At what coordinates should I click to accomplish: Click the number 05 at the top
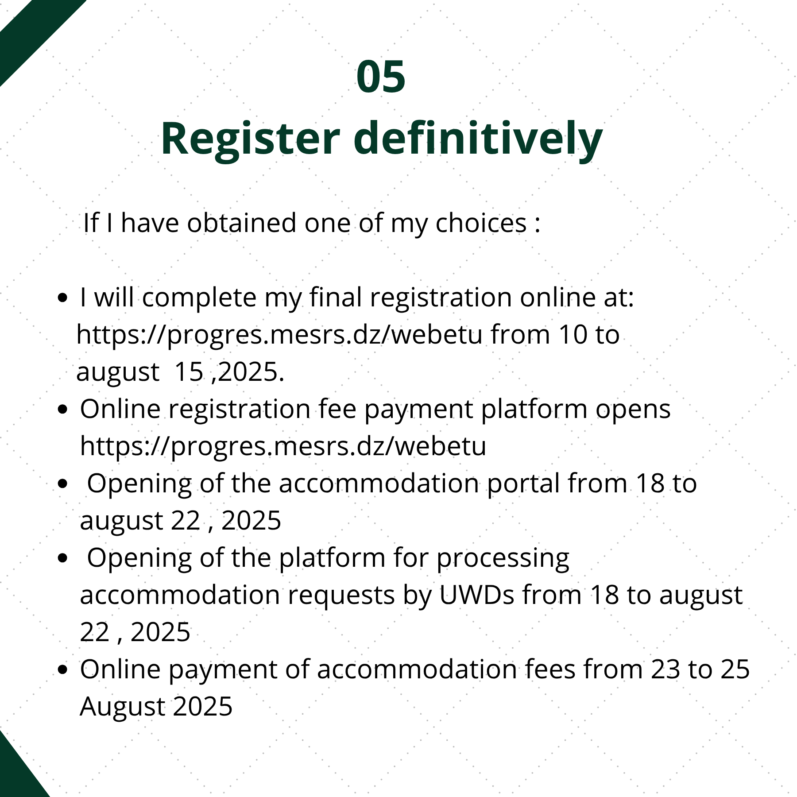(x=381, y=77)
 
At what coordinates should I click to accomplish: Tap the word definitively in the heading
(x=478, y=139)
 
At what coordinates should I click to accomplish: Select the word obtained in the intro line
(x=241, y=222)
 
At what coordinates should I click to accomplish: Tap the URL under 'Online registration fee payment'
(x=283, y=446)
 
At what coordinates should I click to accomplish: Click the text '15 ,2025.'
(x=229, y=372)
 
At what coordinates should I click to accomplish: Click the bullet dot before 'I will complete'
(x=63, y=298)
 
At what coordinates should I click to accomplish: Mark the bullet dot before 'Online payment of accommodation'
(x=63, y=670)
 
